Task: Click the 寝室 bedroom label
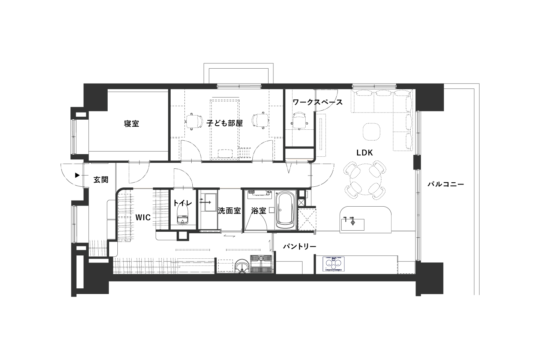pyautogui.click(x=131, y=124)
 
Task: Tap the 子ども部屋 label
pyautogui.click(x=224, y=123)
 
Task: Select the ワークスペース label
pyautogui.click(x=318, y=102)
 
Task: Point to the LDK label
pyautogui.click(x=364, y=153)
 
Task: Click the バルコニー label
pyautogui.click(x=446, y=184)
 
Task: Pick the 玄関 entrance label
pyautogui.click(x=101, y=180)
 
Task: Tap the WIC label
pyautogui.click(x=143, y=217)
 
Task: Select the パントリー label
pyautogui.click(x=299, y=246)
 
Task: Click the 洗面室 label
pyautogui.click(x=229, y=211)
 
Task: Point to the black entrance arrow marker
pyautogui.click(x=77, y=175)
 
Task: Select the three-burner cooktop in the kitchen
pyautogui.click(x=334, y=264)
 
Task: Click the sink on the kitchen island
pyautogui.click(x=352, y=225)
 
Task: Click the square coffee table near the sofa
pyautogui.click(x=372, y=132)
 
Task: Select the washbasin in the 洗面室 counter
pyautogui.click(x=207, y=202)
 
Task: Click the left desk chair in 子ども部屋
pyautogui.click(x=194, y=121)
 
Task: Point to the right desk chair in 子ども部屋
pyautogui.click(x=260, y=121)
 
